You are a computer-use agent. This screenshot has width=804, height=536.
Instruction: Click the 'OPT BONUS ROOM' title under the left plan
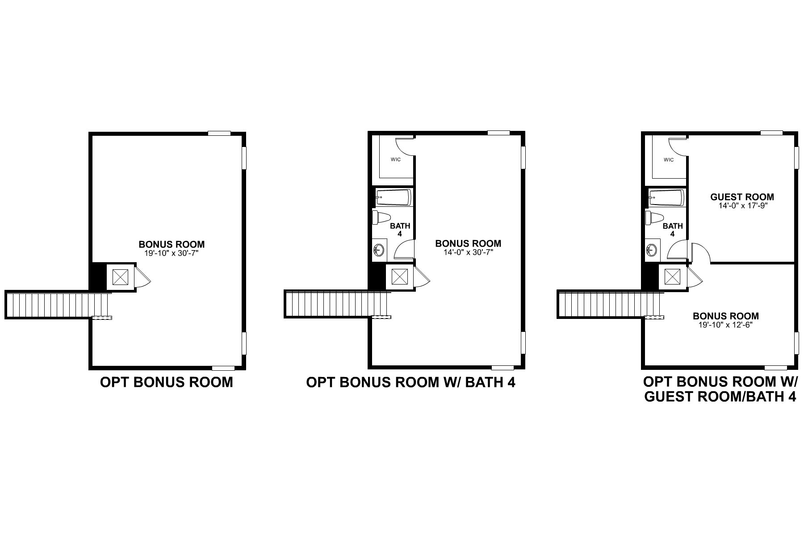[x=166, y=382]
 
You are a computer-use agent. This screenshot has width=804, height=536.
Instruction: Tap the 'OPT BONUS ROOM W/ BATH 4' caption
[x=410, y=382]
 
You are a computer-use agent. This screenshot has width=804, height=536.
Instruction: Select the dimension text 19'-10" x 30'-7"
[x=172, y=253]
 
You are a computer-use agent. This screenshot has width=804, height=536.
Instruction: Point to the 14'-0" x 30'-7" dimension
[x=468, y=252]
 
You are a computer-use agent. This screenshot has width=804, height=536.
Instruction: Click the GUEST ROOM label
[x=742, y=197]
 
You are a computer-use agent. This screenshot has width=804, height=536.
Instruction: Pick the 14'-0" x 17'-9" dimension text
[x=742, y=206]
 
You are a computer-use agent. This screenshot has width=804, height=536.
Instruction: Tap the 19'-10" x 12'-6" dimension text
[x=725, y=325]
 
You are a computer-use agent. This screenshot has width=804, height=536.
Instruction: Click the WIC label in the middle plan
[x=395, y=160]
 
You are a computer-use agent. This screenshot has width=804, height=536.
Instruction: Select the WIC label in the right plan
[x=669, y=160]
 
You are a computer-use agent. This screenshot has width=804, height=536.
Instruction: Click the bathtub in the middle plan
[x=393, y=197]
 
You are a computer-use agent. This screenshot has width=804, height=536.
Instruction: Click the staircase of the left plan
[x=57, y=305]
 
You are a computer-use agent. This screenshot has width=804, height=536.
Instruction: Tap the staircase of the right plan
[x=610, y=305]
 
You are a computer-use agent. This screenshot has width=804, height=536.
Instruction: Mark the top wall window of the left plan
[x=219, y=133]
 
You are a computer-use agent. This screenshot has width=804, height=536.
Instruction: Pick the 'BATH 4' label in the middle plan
[x=400, y=230]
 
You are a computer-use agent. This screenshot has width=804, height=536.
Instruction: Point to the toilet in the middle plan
[x=381, y=218]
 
